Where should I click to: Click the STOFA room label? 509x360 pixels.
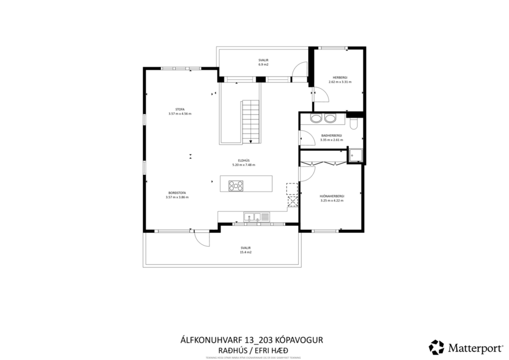click(x=179, y=109)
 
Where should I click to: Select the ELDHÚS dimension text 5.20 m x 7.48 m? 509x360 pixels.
click(x=244, y=165)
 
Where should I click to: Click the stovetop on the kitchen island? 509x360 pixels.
click(x=236, y=186)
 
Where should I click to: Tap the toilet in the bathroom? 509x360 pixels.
click(x=354, y=121)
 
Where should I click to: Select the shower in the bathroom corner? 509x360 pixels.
click(x=355, y=154)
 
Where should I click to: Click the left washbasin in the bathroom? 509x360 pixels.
click(x=317, y=118)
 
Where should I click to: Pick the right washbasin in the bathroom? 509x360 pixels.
click(x=330, y=118)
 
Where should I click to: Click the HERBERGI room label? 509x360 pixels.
click(x=340, y=77)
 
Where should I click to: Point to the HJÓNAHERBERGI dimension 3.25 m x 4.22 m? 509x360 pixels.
click(x=332, y=201)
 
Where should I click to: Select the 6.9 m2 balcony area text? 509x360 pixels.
click(x=263, y=64)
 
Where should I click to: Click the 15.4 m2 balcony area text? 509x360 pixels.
click(x=245, y=253)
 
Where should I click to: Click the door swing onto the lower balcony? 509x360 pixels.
click(x=201, y=239)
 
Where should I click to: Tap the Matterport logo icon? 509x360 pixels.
click(x=436, y=347)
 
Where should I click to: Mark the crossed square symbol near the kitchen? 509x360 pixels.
click(x=292, y=201)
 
